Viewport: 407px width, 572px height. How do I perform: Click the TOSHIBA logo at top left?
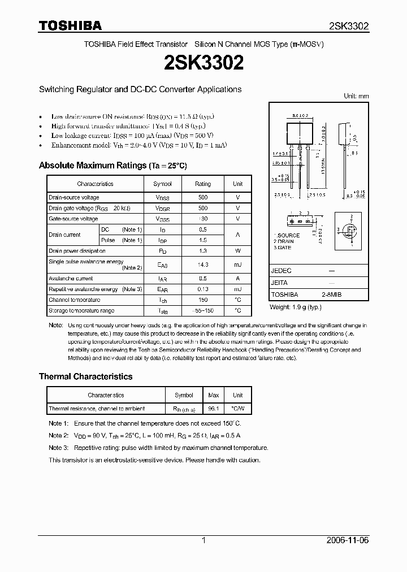70,25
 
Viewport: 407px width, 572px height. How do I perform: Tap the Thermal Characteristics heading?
85,376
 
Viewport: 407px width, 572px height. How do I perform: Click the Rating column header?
203,184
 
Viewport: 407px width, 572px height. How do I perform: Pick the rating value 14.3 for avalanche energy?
203,265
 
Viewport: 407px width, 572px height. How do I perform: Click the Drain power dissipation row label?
77,251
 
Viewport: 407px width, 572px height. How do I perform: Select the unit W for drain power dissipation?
237,251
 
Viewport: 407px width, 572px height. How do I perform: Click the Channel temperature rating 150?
203,300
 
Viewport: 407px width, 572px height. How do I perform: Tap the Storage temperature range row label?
81,311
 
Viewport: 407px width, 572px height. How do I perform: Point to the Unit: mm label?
356,96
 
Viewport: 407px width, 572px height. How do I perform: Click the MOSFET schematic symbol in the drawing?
349,230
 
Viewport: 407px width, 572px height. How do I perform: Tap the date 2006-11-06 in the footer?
348,540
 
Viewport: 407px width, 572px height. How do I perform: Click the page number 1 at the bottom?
203,540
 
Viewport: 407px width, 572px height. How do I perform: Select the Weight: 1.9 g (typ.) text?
295,306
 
